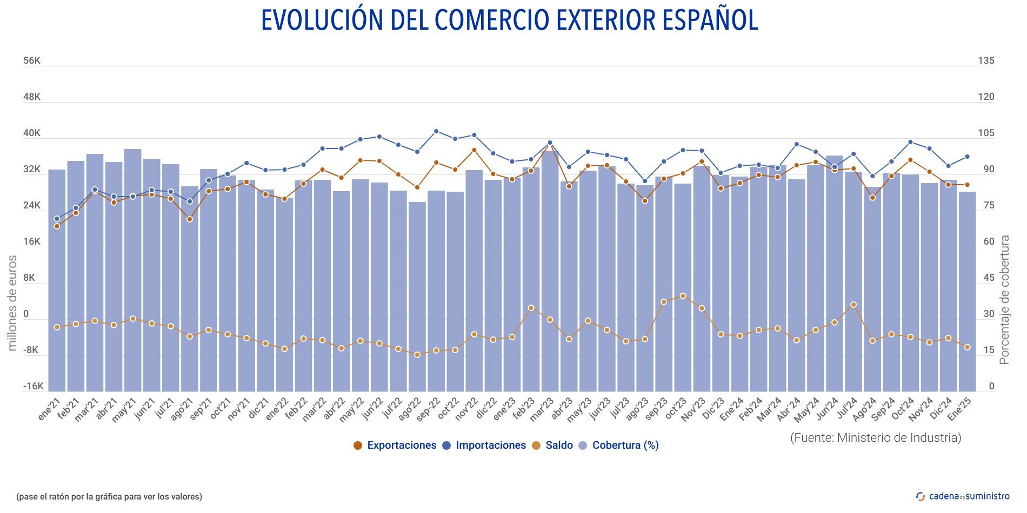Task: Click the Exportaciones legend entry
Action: click(x=395, y=446)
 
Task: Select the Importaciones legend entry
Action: click(x=484, y=446)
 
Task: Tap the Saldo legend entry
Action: click(x=552, y=446)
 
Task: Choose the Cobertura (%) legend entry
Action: click(x=619, y=446)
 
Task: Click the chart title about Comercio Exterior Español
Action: click(x=510, y=21)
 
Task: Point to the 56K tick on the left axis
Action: click(x=32, y=61)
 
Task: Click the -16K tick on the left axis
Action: click(x=33, y=387)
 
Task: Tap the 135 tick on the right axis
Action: click(x=986, y=61)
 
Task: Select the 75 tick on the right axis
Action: click(x=989, y=206)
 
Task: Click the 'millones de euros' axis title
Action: click(x=12, y=303)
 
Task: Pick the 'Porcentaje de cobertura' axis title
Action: click(x=1005, y=300)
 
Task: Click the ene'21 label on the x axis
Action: click(x=50, y=410)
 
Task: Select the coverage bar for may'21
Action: click(x=132, y=270)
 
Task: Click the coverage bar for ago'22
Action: click(x=417, y=297)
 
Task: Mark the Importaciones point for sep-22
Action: click(x=436, y=131)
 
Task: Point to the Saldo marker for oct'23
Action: click(x=683, y=296)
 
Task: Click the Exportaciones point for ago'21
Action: click(x=190, y=219)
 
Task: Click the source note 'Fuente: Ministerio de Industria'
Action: click(x=876, y=437)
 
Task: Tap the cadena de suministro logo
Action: click(x=963, y=496)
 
